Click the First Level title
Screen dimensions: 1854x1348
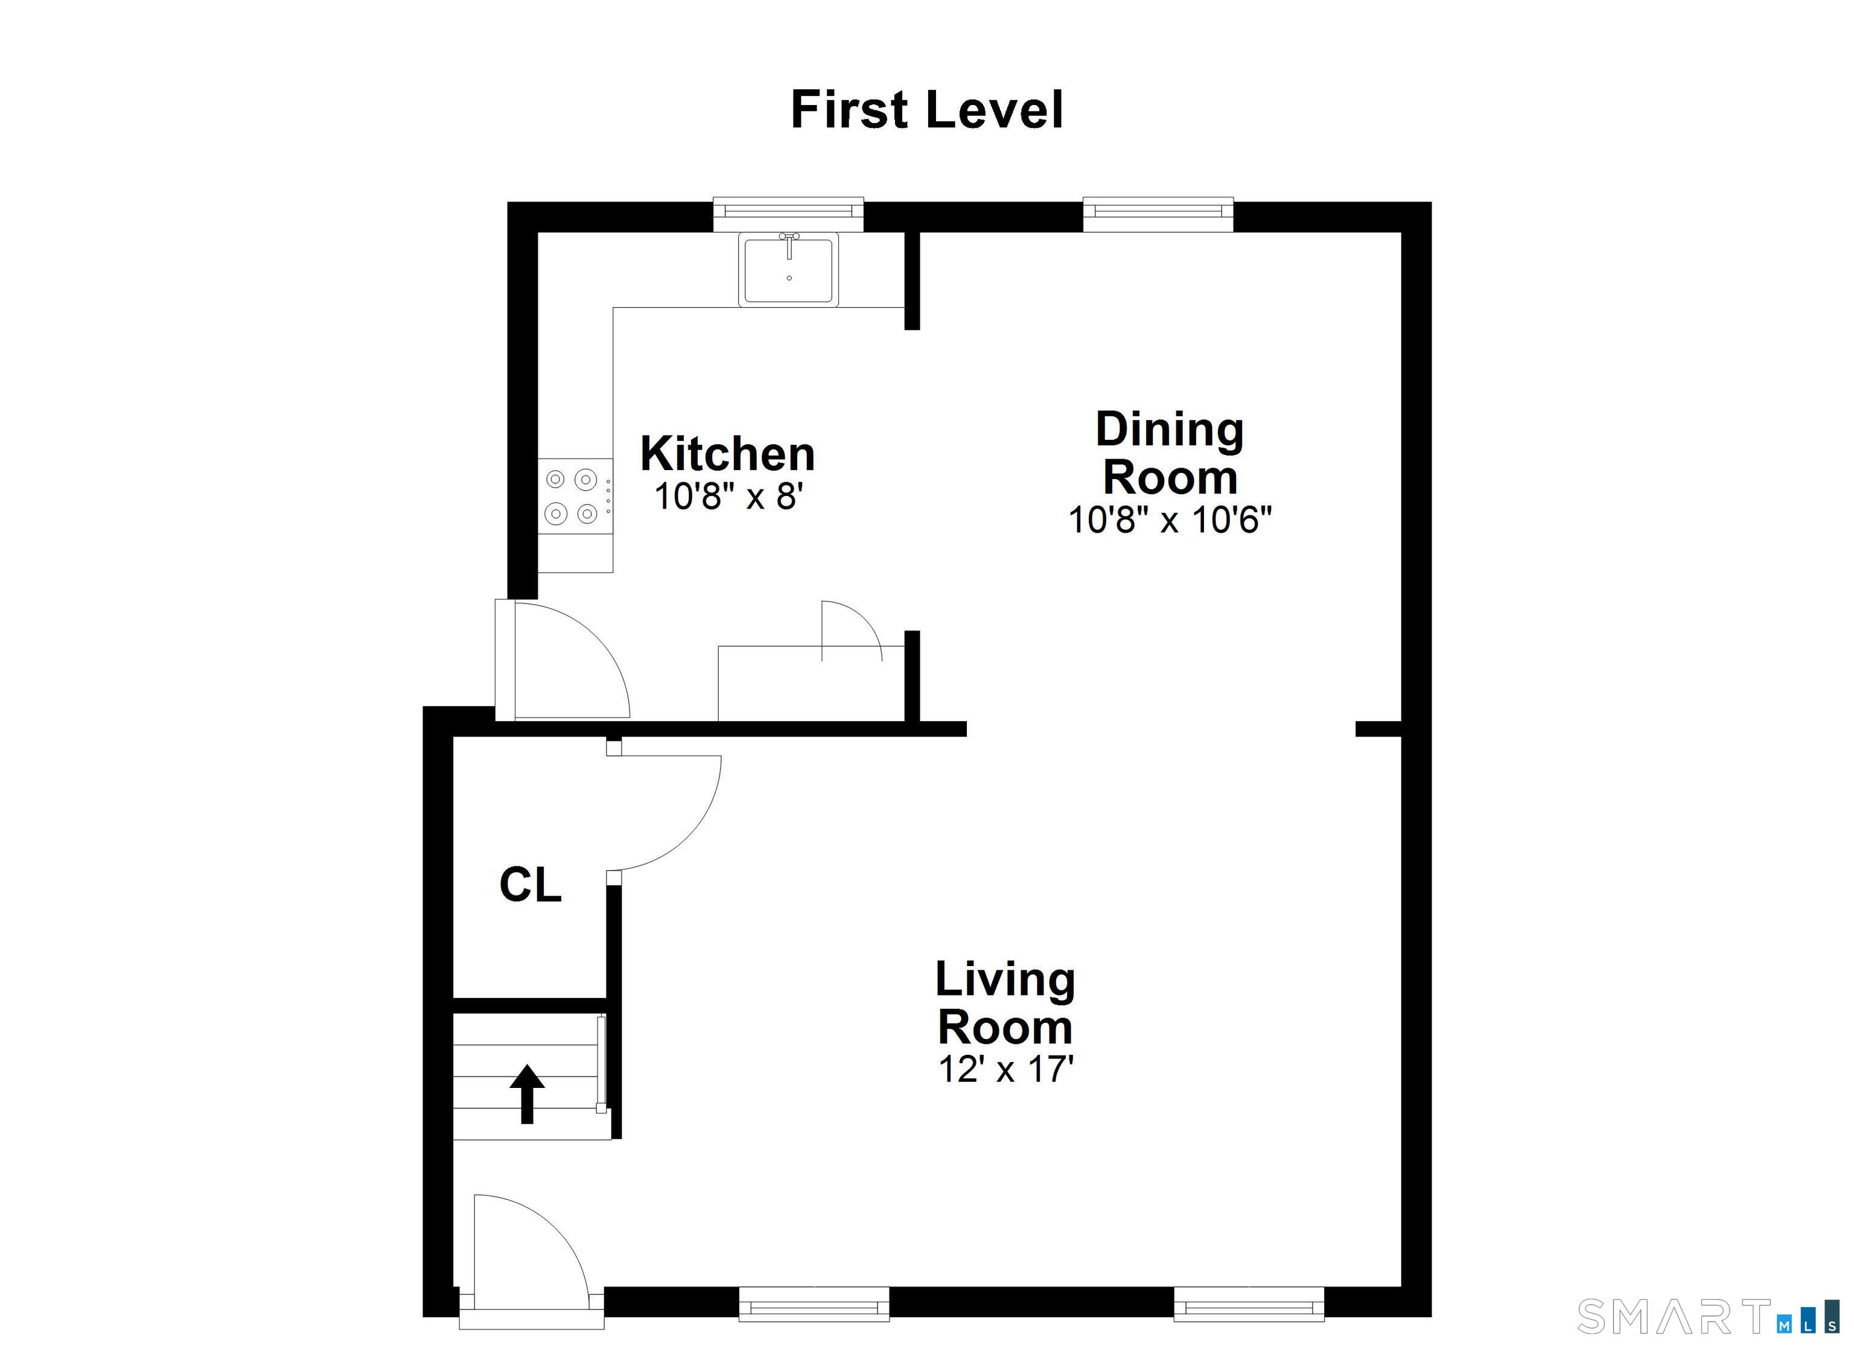(927, 110)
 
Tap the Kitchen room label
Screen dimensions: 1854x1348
(728, 454)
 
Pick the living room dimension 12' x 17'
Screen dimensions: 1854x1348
(1005, 1069)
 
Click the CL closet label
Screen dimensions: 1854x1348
(530, 885)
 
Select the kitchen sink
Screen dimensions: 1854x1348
(789, 269)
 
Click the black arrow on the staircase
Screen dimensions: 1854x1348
(527, 1094)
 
